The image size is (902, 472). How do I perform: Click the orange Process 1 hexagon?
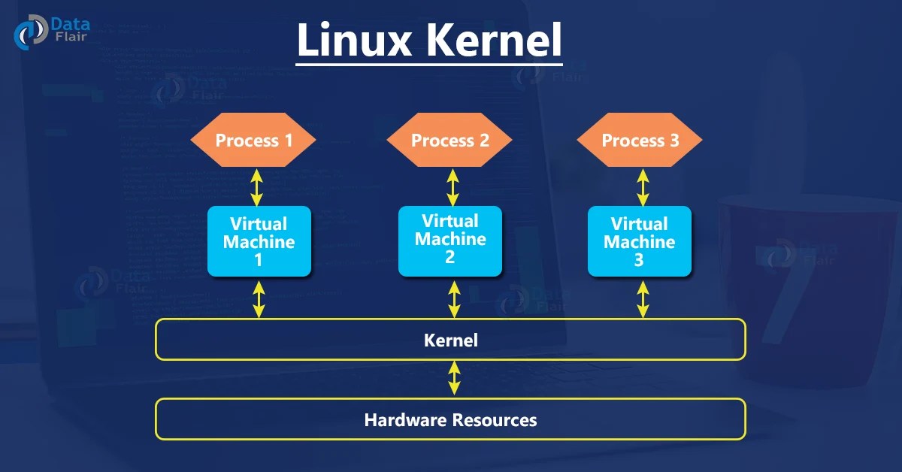[253, 140]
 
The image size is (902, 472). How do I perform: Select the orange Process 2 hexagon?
[449, 141]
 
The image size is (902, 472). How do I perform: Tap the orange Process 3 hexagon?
[640, 141]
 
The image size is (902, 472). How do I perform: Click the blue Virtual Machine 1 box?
[259, 241]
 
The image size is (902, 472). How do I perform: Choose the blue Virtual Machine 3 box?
[639, 241]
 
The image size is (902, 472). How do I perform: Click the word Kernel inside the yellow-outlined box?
[450, 340]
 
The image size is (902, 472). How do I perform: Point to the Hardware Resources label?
[450, 419]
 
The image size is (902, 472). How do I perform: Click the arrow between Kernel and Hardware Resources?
[453, 378]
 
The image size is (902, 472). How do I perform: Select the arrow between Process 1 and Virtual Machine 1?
[257, 186]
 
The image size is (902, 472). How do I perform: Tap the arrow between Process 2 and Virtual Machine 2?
[453, 186]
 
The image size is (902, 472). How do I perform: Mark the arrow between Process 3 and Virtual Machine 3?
[643, 186]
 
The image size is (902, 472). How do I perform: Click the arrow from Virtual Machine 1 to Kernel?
[259, 298]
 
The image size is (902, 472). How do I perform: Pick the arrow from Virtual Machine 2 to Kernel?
[453, 298]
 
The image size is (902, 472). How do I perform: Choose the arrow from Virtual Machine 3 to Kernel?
[643, 298]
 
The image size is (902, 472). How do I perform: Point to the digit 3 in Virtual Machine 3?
[639, 260]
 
